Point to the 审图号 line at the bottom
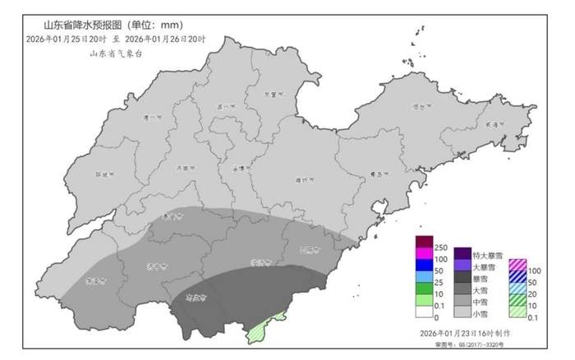(466, 344)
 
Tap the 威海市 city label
(494, 124)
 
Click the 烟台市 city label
(420, 107)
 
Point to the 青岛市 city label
(378, 174)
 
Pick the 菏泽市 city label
(92, 281)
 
